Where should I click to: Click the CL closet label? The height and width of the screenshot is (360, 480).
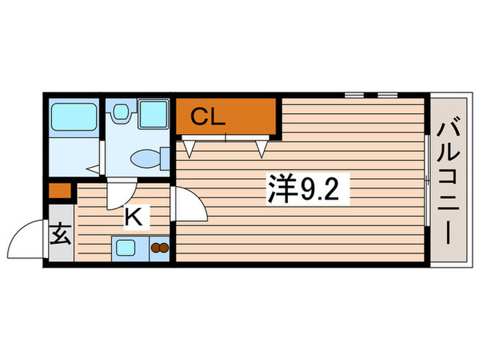207,117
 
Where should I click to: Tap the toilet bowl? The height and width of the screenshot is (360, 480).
146,158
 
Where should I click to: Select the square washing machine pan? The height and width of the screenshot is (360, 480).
153,114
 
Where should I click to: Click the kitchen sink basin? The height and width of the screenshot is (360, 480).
127,248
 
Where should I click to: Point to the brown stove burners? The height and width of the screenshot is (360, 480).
159,248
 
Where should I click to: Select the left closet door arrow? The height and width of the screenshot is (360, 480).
190,147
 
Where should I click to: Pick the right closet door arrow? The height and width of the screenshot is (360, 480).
261,147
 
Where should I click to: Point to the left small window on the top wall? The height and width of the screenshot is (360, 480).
355,94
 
